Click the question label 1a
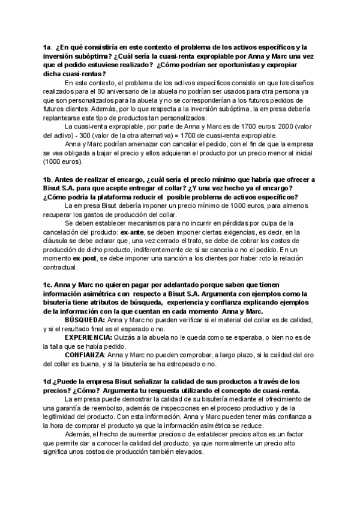point(47,46)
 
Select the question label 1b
point(47,180)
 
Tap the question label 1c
point(47,284)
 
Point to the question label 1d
point(47,381)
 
